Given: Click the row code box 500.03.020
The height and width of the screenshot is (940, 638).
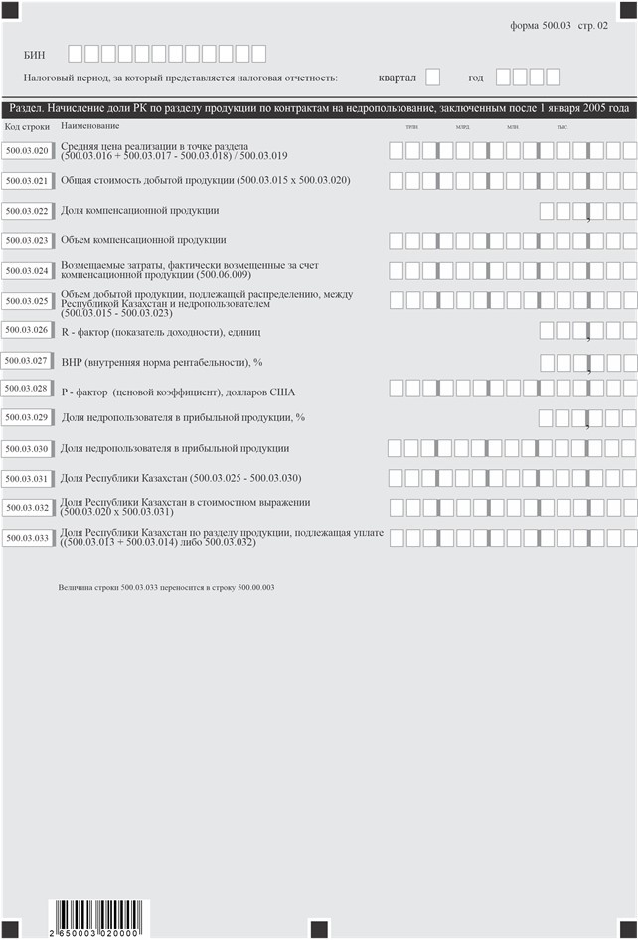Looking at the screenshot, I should [x=26, y=151].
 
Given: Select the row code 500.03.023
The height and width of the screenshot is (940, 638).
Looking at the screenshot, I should [x=26, y=240].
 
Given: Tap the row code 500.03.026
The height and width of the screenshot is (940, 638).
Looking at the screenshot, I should [x=26, y=330].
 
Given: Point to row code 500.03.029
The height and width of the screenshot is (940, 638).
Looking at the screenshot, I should [x=26, y=418].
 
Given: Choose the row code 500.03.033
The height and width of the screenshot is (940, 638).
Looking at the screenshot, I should [x=26, y=538].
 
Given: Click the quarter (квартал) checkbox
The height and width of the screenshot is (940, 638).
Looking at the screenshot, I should [x=432, y=77].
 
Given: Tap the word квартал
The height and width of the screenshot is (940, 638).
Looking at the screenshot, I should [x=398, y=78].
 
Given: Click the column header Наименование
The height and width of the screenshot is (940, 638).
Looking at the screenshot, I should [x=89, y=126].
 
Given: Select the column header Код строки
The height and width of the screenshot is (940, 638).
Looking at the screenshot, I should [x=27, y=127].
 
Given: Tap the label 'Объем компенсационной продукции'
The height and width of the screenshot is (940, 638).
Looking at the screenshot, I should [x=143, y=240].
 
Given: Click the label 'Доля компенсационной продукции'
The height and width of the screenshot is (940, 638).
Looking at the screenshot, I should [x=139, y=211].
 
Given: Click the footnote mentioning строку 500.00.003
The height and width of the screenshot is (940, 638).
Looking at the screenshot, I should [x=166, y=588].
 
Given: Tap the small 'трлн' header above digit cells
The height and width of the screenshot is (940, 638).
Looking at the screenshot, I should [x=411, y=128].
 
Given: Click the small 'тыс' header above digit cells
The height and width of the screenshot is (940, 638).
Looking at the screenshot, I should [x=562, y=128].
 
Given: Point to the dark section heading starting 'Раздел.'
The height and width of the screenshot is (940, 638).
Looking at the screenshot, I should [x=318, y=108].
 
